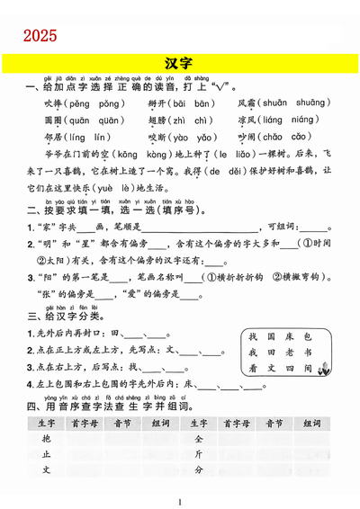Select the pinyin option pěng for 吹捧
[74, 104]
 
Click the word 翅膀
[157, 121]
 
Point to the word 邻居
[52, 138]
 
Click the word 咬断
[157, 138]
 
